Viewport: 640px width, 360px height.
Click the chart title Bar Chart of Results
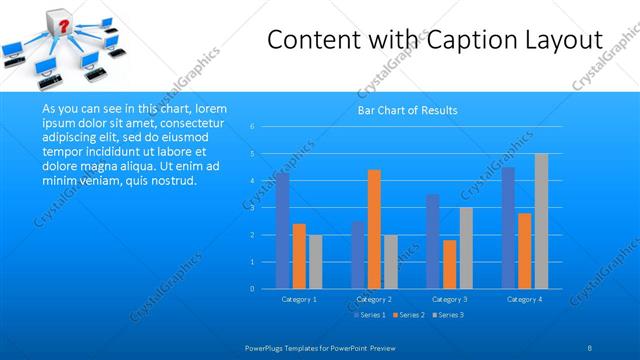click(x=407, y=110)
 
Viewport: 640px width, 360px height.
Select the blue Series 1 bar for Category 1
click(x=283, y=230)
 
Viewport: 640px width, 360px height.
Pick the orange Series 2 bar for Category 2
click(x=374, y=229)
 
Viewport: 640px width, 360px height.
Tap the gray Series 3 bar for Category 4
click(x=541, y=221)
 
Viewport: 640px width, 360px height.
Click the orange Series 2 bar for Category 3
click(x=449, y=264)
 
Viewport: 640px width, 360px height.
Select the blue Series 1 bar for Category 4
click(x=508, y=227)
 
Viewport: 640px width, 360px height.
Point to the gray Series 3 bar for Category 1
click(x=315, y=261)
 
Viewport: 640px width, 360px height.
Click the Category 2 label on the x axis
click(x=374, y=299)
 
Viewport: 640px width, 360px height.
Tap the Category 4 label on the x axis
click(x=524, y=299)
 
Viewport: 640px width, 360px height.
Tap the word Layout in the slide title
click(x=562, y=41)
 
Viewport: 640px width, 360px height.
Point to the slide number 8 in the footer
click(x=590, y=347)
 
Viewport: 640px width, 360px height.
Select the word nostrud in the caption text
click(x=174, y=180)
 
